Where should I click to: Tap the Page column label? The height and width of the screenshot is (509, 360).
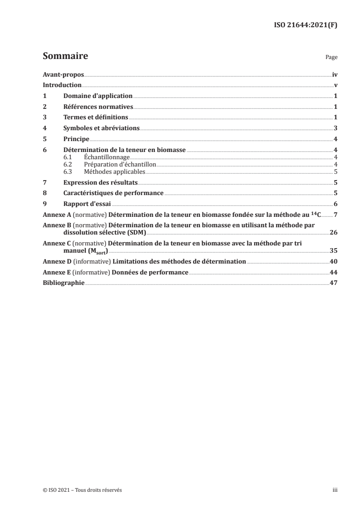[x=331, y=58]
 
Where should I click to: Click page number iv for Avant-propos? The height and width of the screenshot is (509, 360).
[x=335, y=74]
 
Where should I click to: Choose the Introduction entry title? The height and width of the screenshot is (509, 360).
[x=62, y=85]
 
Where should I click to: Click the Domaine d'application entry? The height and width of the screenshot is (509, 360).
[x=98, y=96]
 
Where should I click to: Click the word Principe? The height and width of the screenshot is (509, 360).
[x=76, y=140]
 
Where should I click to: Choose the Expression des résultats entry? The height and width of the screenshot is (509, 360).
[x=100, y=182]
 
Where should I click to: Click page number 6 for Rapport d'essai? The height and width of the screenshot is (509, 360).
[x=335, y=204]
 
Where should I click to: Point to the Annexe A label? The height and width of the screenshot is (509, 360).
[x=55, y=214]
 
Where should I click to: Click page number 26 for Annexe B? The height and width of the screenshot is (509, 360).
[x=334, y=232]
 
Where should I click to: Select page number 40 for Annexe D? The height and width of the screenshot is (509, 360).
[x=334, y=261]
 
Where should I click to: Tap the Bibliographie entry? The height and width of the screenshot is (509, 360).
[x=63, y=283]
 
